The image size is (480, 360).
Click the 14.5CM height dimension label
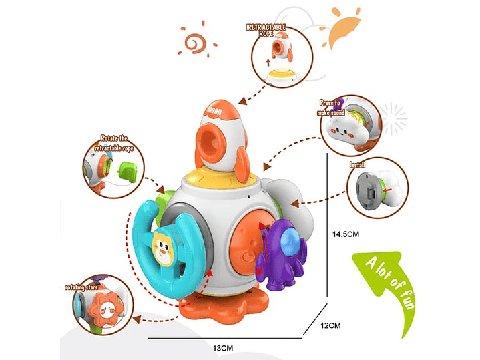click(346, 234)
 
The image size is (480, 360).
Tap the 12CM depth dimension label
click(331, 325)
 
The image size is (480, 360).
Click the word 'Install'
click(357, 162)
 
